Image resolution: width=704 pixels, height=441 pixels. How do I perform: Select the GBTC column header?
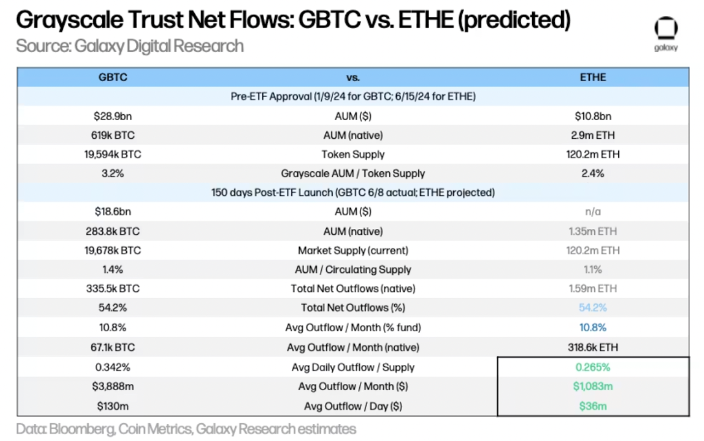tap(113, 77)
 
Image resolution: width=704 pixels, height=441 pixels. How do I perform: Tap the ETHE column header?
tap(593, 77)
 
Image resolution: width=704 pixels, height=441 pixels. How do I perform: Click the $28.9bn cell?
tap(113, 116)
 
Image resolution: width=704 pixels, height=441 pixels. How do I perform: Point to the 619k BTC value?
tap(113, 135)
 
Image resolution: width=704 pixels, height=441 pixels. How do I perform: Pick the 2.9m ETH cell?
tap(593, 135)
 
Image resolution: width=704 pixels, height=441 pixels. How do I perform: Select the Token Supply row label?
tap(353, 154)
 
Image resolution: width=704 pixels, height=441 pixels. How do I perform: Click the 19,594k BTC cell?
tap(113, 154)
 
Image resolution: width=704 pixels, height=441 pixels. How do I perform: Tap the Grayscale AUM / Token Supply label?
tap(353, 173)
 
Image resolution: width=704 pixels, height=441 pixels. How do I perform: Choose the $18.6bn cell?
tap(113, 212)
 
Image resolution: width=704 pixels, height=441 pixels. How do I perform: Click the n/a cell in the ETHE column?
tap(593, 212)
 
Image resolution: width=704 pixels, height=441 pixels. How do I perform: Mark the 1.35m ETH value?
tap(593, 231)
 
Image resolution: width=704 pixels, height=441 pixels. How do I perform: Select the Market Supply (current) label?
tap(353, 250)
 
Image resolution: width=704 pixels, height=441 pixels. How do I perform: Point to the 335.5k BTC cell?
tap(113, 289)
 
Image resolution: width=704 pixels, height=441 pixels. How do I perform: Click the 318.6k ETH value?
tap(593, 347)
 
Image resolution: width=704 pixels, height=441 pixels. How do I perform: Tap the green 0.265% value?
tap(593, 367)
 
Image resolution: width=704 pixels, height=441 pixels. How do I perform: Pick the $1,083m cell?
tap(593, 386)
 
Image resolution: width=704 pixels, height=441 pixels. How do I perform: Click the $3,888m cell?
tap(113, 386)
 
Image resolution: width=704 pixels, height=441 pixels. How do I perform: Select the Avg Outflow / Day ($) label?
tap(353, 405)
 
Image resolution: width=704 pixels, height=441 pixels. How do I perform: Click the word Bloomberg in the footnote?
tap(75, 429)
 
